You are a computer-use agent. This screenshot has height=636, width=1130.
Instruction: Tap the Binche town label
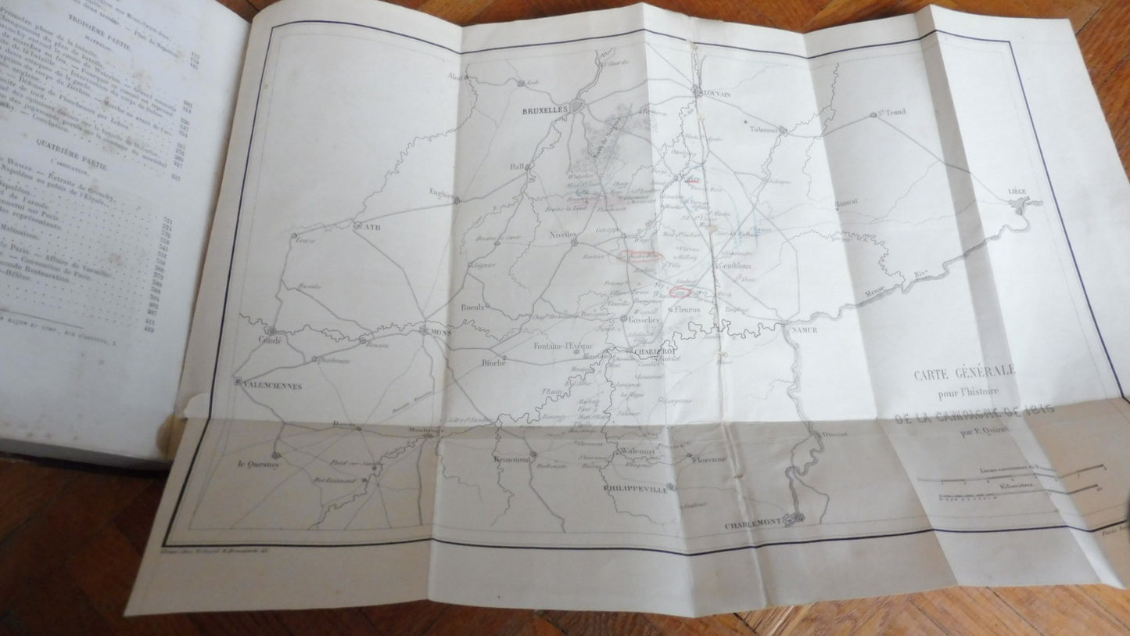493,364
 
